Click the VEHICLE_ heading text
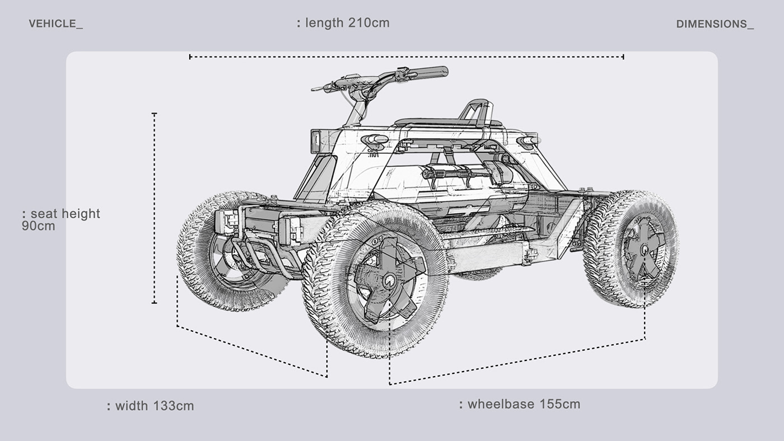(55, 24)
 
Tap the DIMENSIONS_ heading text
(715, 24)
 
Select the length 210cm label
(343, 23)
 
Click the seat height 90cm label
(61, 219)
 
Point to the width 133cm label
(151, 406)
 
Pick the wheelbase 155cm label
(520, 404)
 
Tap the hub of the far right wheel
(644, 247)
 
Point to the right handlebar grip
(428, 72)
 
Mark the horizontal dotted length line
(407, 57)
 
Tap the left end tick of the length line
(190, 57)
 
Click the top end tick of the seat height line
(155, 114)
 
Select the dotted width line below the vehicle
(251, 351)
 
